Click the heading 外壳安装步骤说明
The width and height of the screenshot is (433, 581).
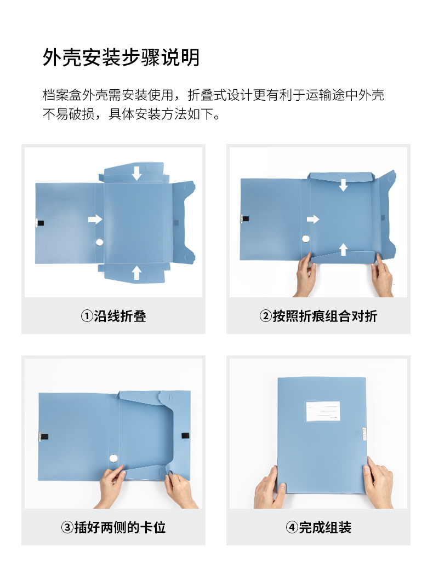(121, 57)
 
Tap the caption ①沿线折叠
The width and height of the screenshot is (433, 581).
(113, 316)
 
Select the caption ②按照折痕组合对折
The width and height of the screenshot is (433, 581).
(318, 316)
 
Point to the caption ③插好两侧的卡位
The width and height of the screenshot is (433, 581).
(113, 527)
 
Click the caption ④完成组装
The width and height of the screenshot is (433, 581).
(318, 527)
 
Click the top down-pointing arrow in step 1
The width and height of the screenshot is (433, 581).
(137, 173)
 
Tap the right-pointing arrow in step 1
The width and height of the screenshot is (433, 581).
(95, 220)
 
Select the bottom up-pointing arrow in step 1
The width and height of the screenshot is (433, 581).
(137, 273)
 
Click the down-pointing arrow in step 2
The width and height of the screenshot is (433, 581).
(343, 185)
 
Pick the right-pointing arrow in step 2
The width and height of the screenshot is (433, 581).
(313, 220)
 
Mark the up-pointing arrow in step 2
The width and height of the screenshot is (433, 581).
(343, 249)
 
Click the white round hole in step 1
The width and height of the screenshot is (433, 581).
(100, 243)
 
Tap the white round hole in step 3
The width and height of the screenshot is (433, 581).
(114, 458)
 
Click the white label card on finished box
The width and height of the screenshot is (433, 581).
(322, 411)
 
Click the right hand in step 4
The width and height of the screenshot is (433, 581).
(379, 482)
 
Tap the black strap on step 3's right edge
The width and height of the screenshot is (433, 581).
(185, 436)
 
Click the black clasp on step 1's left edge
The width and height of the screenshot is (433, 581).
(39, 223)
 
